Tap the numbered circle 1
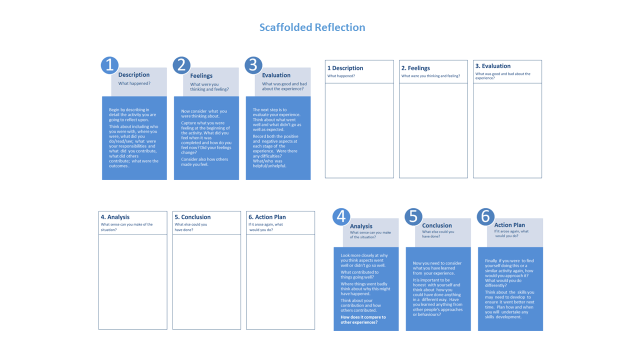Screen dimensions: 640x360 pos(109,65)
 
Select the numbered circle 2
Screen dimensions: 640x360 pos(181,65)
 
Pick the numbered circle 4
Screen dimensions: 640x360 pos(341,216)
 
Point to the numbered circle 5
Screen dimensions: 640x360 pos(413,216)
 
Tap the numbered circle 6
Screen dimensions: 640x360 pos(485,216)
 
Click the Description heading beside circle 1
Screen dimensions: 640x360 pos(134,75)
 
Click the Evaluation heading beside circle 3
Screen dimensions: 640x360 pos(276,75)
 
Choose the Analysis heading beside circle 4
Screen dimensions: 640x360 pos(362,226)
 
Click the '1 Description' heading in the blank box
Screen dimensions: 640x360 pos(345,67)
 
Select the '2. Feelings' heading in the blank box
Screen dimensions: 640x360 pos(416,67)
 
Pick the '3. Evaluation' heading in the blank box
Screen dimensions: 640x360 pos(493,66)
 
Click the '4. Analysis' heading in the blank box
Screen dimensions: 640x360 pos(116,217)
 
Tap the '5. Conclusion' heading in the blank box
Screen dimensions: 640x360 pos(191,217)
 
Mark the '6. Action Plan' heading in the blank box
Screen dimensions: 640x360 pos(267,217)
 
